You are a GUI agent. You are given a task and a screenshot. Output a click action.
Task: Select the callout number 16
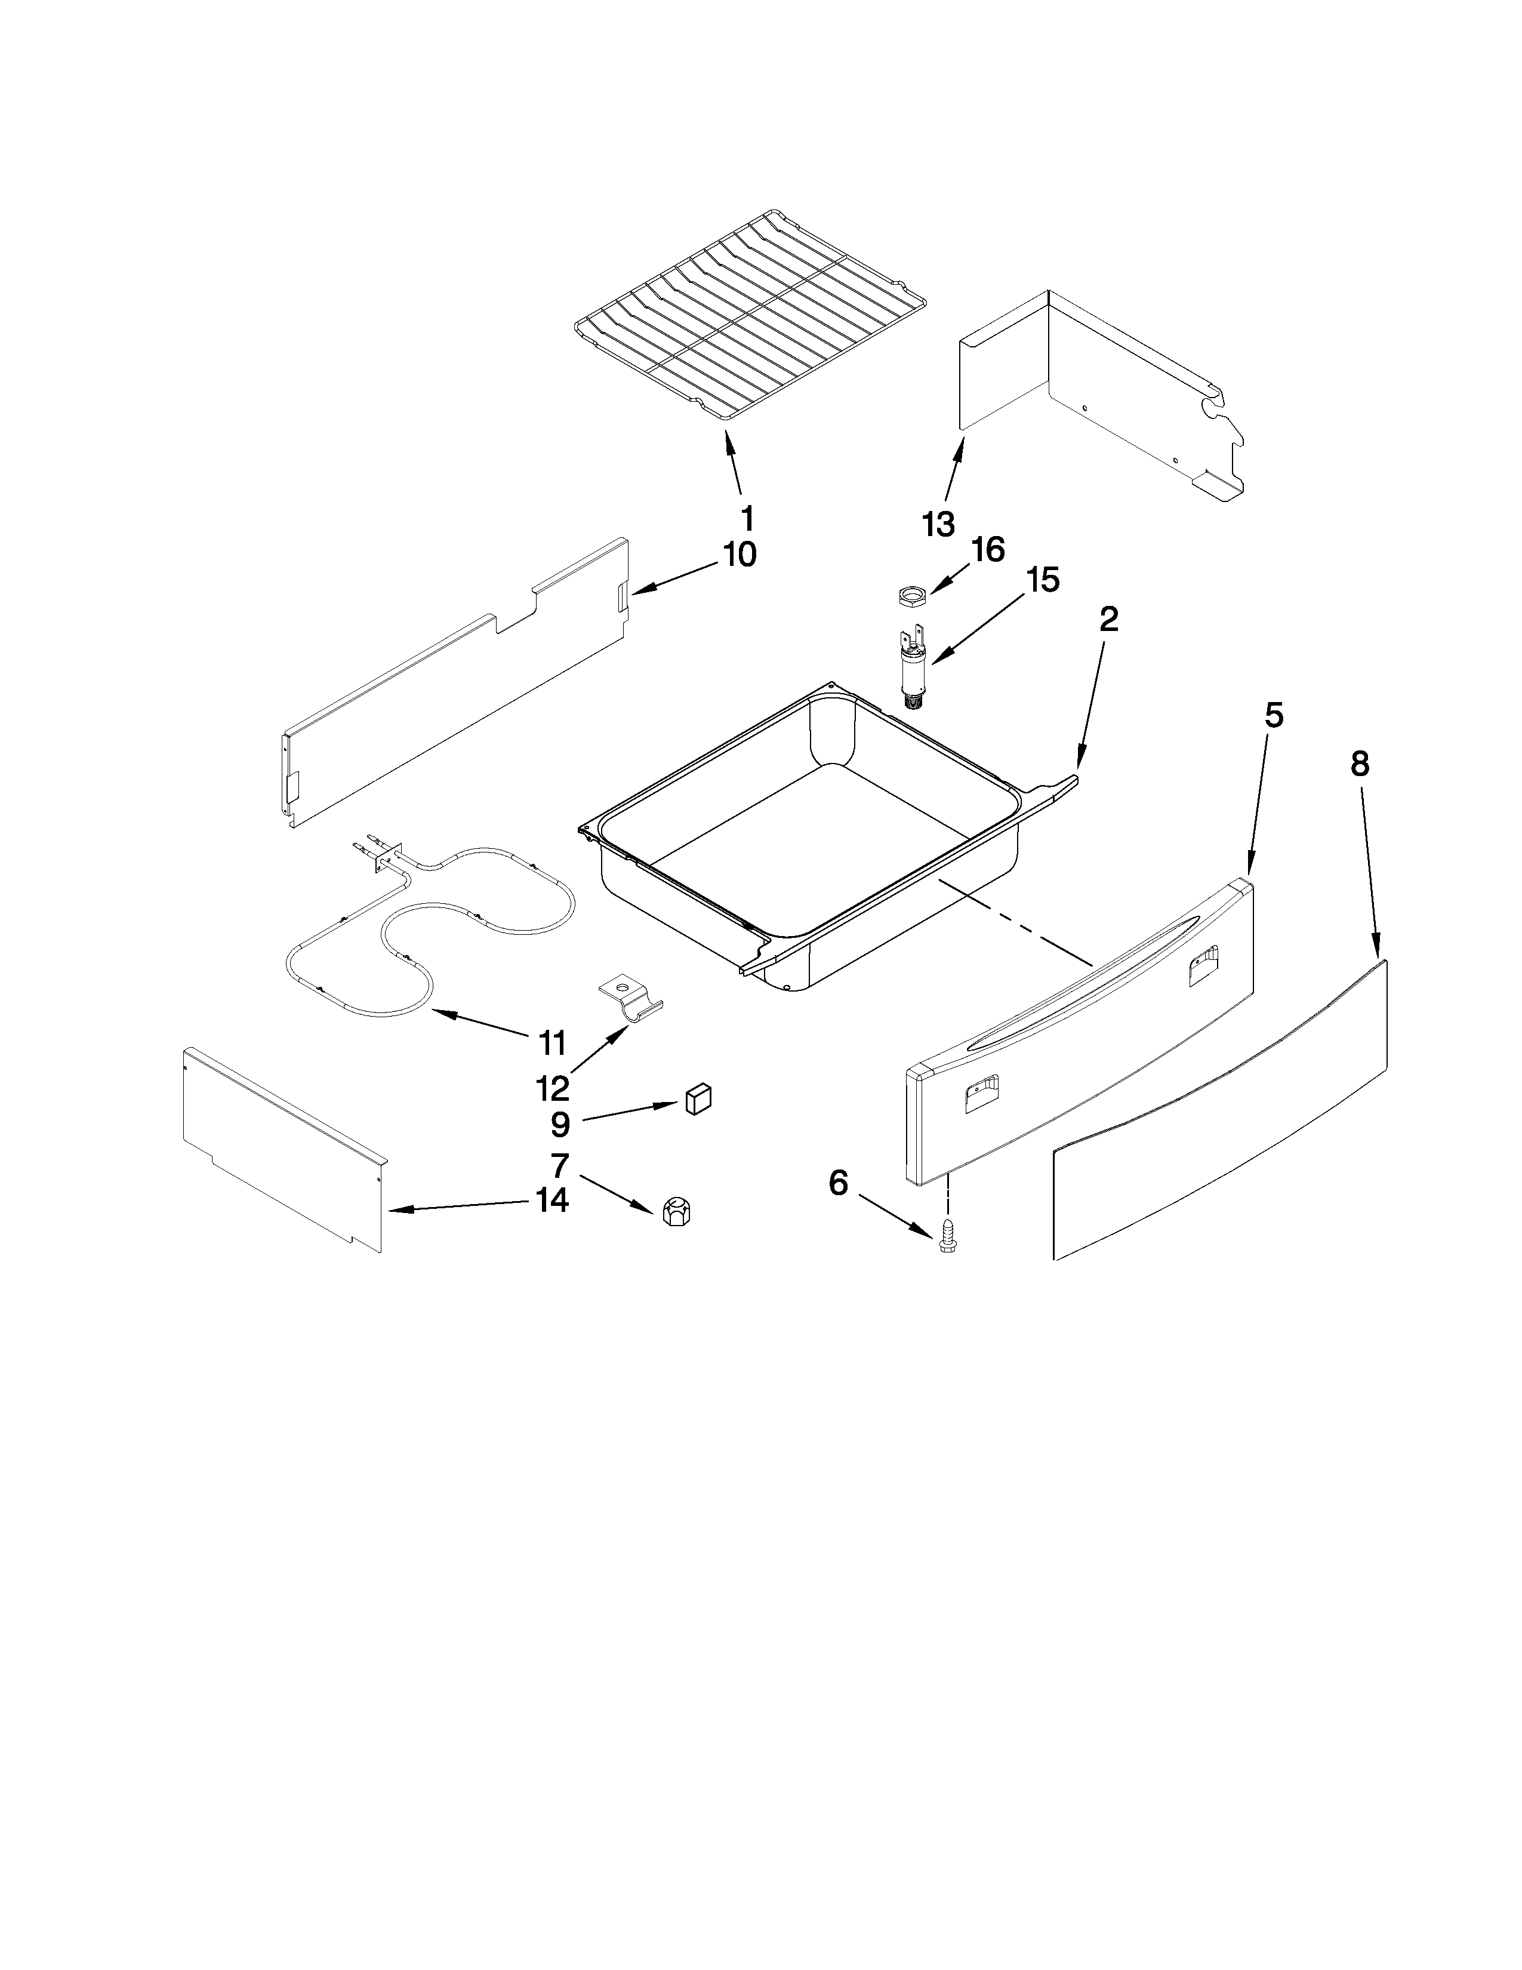coord(989,549)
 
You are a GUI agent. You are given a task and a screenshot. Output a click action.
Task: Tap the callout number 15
coord(1042,580)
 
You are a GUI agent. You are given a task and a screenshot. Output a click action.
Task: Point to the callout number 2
coord(1108,619)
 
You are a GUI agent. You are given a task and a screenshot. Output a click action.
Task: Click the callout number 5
coord(1273,715)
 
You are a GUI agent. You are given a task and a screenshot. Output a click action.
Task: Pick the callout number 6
coord(839,1183)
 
